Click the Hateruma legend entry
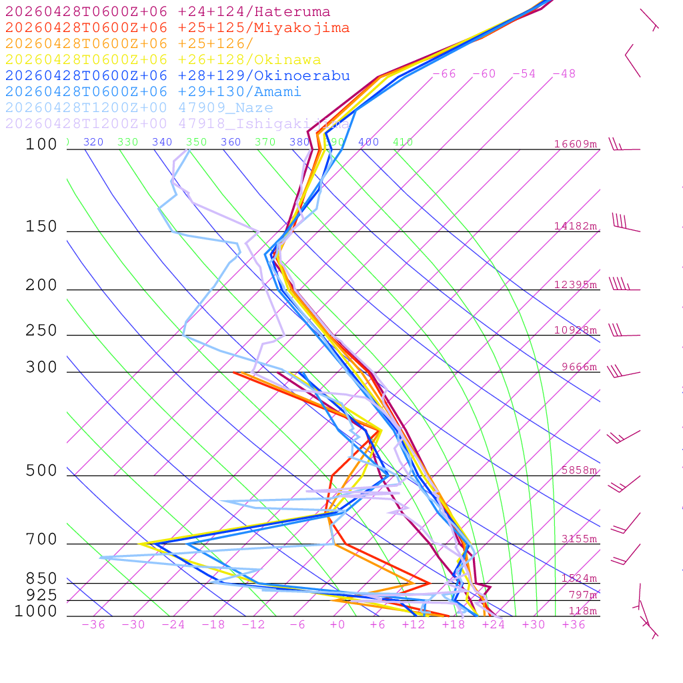pos(167,11)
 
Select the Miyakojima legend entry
pos(177,27)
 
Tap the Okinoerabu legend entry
pos(177,75)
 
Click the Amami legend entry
pos(153,91)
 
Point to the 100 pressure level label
pos(41,144)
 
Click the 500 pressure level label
pos(41,471)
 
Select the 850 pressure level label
pos(41,578)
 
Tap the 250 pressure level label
pos(41,330)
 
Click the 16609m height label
pos(576,144)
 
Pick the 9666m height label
pos(579,367)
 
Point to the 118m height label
pos(582,611)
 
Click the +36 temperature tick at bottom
pos(574,625)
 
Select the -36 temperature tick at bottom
pos(93,625)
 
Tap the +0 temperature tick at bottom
pos(337,625)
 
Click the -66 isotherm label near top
pos(444,73)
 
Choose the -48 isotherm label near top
pos(564,73)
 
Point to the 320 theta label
pos(93,142)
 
